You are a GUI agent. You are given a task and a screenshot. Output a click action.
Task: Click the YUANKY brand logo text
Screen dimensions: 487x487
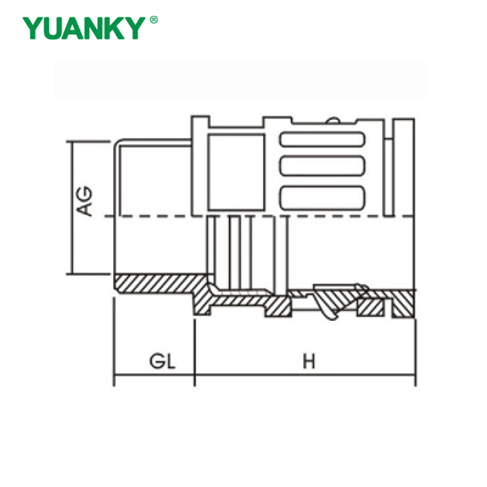click(85, 28)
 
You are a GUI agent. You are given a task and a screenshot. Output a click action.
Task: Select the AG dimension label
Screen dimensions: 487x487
click(86, 201)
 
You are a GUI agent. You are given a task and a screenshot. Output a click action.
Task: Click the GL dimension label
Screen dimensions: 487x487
click(163, 362)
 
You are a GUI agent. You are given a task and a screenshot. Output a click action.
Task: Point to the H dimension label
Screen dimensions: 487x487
click(309, 362)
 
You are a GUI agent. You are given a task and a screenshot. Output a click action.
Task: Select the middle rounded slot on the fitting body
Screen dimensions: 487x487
click(322, 166)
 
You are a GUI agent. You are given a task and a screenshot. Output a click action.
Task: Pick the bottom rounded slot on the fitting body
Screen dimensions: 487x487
click(322, 196)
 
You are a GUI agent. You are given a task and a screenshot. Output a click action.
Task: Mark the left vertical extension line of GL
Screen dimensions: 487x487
click(114, 341)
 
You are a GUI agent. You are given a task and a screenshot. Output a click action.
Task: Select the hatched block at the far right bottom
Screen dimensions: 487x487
click(404, 304)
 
